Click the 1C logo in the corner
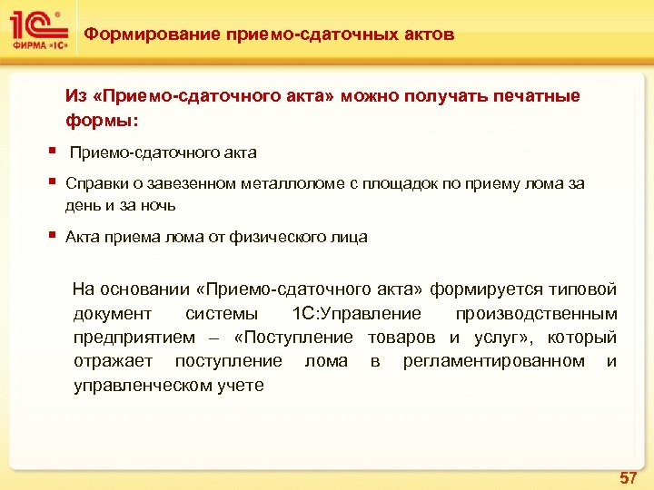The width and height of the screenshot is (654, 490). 36,32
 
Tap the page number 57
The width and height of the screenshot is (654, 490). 628,477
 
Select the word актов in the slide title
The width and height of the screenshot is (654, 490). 427,34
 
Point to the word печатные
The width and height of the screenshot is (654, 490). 535,95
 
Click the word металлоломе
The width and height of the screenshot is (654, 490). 291,183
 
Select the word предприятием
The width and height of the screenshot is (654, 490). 134,338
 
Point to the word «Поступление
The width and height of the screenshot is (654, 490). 293,338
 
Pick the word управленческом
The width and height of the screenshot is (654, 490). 144,385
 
